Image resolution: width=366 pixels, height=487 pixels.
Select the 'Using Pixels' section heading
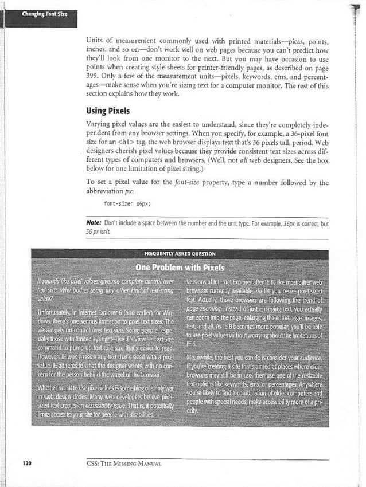point(109,110)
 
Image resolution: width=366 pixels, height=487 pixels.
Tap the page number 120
point(26,462)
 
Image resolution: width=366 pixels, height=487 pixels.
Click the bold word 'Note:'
point(94,224)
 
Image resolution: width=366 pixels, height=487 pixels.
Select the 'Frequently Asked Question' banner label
point(180,253)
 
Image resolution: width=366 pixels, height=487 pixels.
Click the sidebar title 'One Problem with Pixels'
point(180,268)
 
